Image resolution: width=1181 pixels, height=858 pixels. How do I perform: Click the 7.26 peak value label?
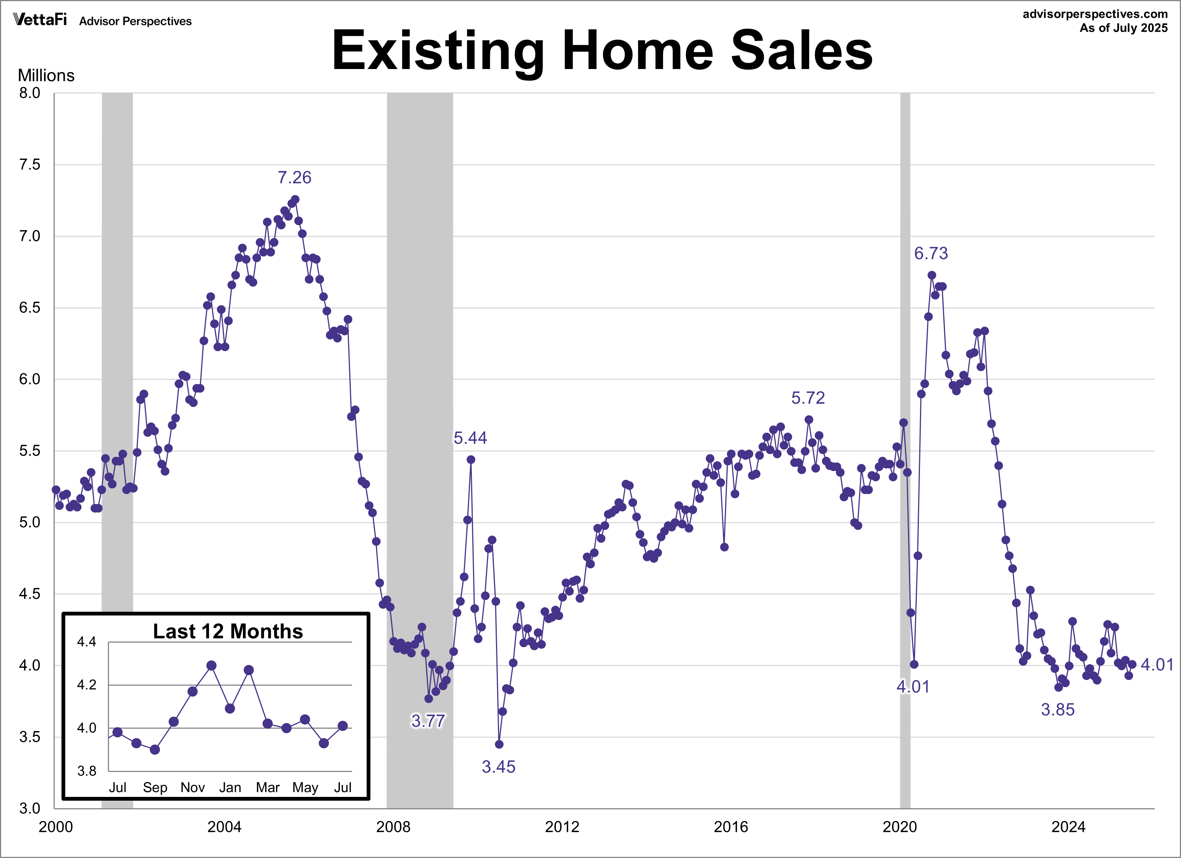point(294,178)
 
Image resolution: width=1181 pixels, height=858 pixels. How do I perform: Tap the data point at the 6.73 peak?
point(932,275)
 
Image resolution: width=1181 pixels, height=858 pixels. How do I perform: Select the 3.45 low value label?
point(498,767)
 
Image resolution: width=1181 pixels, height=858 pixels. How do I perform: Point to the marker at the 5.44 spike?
point(471,459)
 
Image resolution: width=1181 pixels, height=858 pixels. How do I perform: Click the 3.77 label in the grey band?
point(428,721)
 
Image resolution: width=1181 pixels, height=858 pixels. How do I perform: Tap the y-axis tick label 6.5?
point(30,308)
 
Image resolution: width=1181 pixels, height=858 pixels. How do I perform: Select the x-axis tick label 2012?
point(562,827)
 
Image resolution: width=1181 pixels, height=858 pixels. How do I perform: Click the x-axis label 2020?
point(899,827)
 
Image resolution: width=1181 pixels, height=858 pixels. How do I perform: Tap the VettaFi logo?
point(40,20)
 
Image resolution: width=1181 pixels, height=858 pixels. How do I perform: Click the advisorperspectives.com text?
point(1095,14)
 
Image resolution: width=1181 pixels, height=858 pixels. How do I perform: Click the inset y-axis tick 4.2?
point(86,685)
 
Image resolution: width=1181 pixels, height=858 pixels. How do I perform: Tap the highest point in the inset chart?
point(211,665)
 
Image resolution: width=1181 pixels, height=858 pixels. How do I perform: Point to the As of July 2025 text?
point(1123,28)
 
